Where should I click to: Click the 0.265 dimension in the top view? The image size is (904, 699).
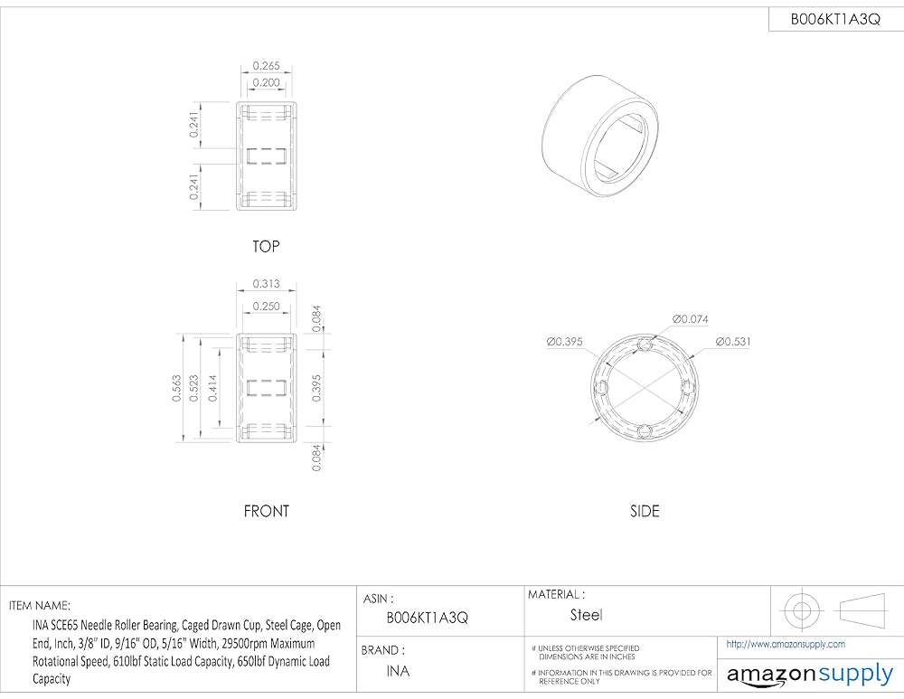click(266, 66)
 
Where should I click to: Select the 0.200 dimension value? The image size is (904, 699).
click(266, 82)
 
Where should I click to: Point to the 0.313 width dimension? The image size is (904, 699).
click(266, 284)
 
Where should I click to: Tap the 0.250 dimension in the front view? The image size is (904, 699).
click(266, 307)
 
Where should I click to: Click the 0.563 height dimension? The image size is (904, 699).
click(177, 388)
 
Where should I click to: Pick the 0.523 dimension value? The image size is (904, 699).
click(194, 388)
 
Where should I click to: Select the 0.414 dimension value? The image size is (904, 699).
click(212, 388)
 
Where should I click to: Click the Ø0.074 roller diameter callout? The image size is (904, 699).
click(690, 319)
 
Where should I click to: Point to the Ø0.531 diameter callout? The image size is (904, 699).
click(733, 342)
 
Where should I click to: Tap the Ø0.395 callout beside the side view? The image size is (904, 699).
click(564, 342)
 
